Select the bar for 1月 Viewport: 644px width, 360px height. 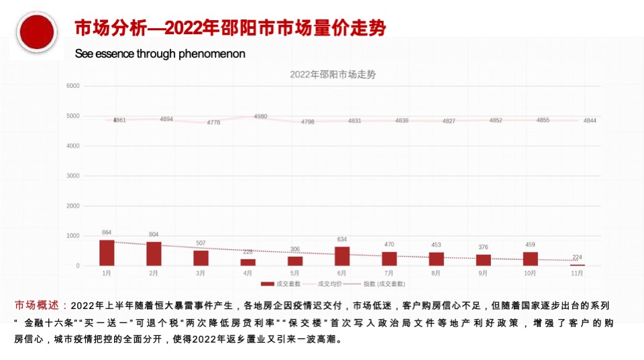(107, 253)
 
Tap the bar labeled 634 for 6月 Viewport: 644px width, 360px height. (342, 256)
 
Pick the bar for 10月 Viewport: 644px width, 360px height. (531, 259)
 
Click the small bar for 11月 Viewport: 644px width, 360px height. (578, 265)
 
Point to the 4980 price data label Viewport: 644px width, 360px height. (260, 117)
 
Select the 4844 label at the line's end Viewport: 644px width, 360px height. (590, 120)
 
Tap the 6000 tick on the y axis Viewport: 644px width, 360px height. (73, 86)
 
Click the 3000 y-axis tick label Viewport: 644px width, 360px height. (73, 176)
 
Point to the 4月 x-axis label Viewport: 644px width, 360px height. (248, 274)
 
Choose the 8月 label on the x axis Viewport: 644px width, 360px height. (436, 274)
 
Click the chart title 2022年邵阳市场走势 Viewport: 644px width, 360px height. (333, 75)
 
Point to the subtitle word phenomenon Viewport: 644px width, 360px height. (212, 54)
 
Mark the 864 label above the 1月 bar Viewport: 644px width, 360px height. (107, 233)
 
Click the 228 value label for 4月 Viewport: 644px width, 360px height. (248, 251)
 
